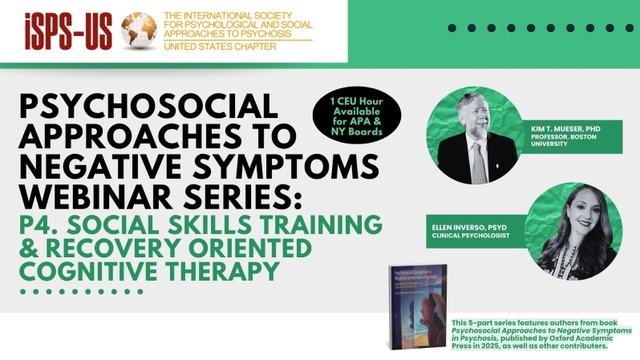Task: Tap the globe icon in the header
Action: (x=138, y=30)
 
